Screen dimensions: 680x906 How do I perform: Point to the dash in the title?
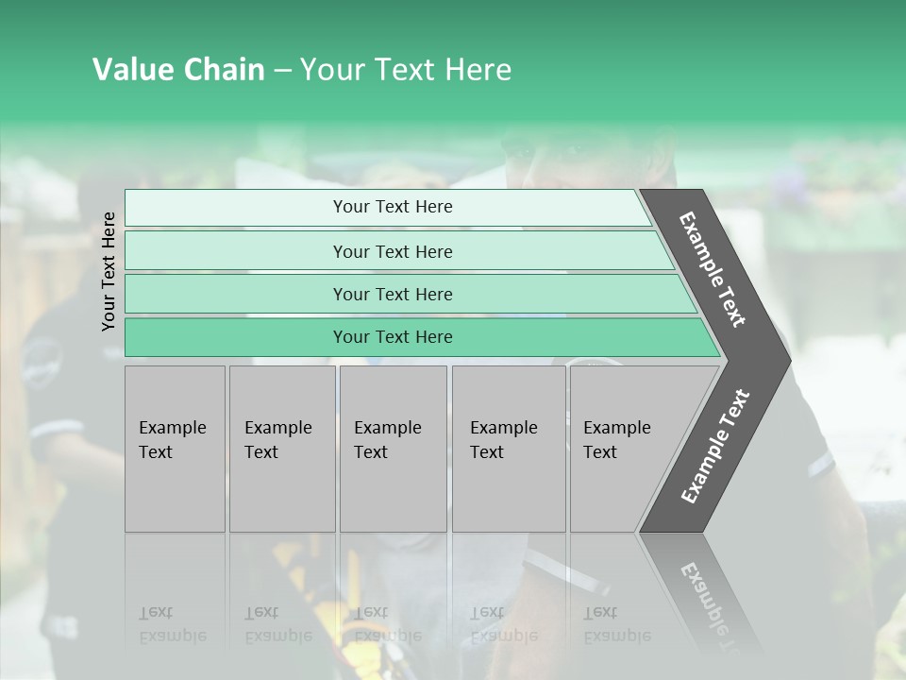[282, 71]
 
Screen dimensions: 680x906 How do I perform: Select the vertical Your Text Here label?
[109, 271]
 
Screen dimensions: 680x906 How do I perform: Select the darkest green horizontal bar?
[236, 337]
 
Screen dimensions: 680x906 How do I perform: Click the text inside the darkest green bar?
[393, 337]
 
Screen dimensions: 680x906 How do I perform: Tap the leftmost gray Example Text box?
[175, 448]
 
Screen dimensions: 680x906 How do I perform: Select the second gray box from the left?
[281, 448]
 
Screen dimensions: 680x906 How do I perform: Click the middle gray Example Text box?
[393, 448]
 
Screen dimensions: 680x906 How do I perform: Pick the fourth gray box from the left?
[509, 448]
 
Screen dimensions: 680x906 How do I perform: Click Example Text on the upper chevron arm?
[713, 269]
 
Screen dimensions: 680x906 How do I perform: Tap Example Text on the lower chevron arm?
[714, 447]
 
